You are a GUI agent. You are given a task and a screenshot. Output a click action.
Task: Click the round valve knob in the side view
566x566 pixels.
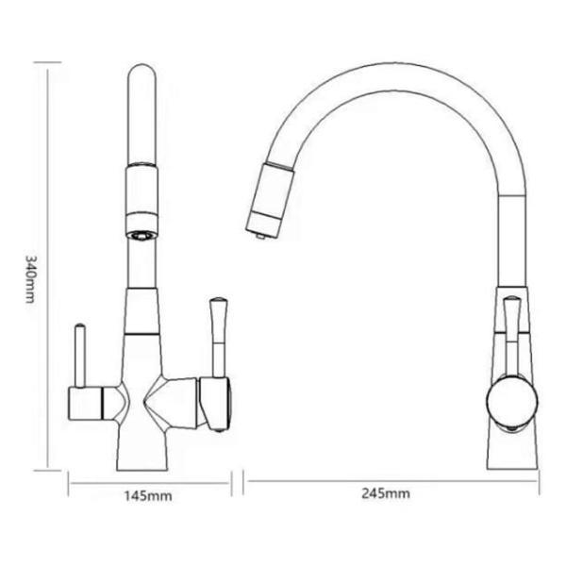510,400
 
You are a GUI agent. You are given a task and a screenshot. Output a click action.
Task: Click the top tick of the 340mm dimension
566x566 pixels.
47,62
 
